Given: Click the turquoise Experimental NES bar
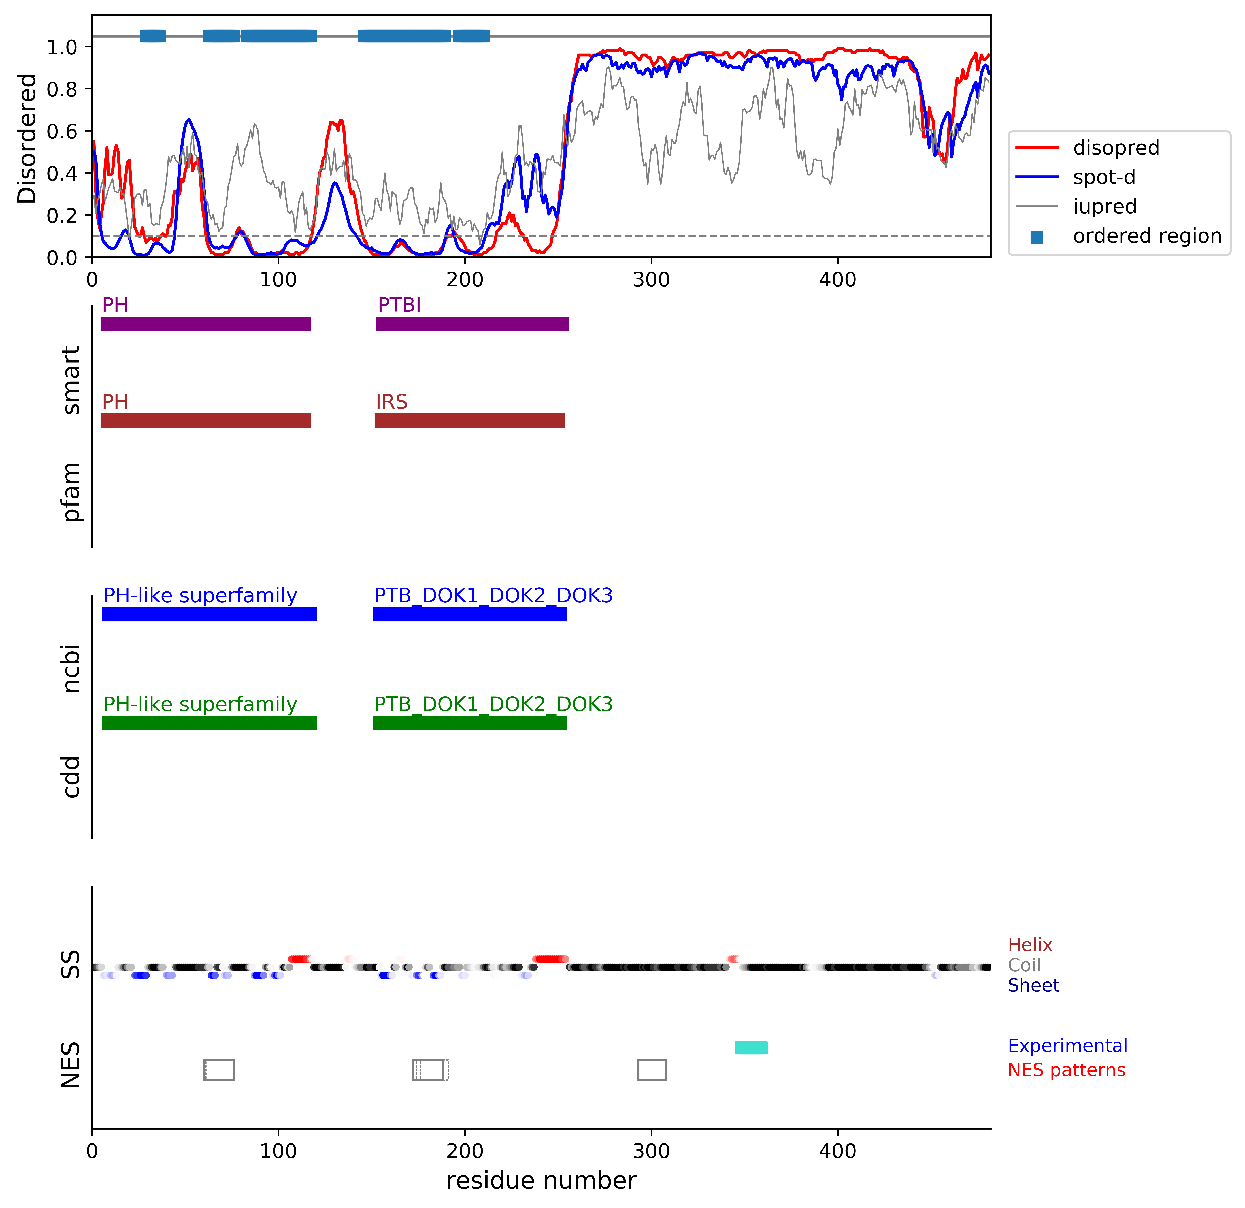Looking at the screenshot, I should pos(751,1047).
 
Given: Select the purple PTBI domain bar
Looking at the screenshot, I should pos(472,324).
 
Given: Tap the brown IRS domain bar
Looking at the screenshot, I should pos(469,421).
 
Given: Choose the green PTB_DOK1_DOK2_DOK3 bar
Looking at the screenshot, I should pos(469,723).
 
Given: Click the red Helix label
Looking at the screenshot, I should pos(1030,945).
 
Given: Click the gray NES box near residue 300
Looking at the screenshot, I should pos(652,1070).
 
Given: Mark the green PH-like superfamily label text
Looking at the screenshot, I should pos(200,704).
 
